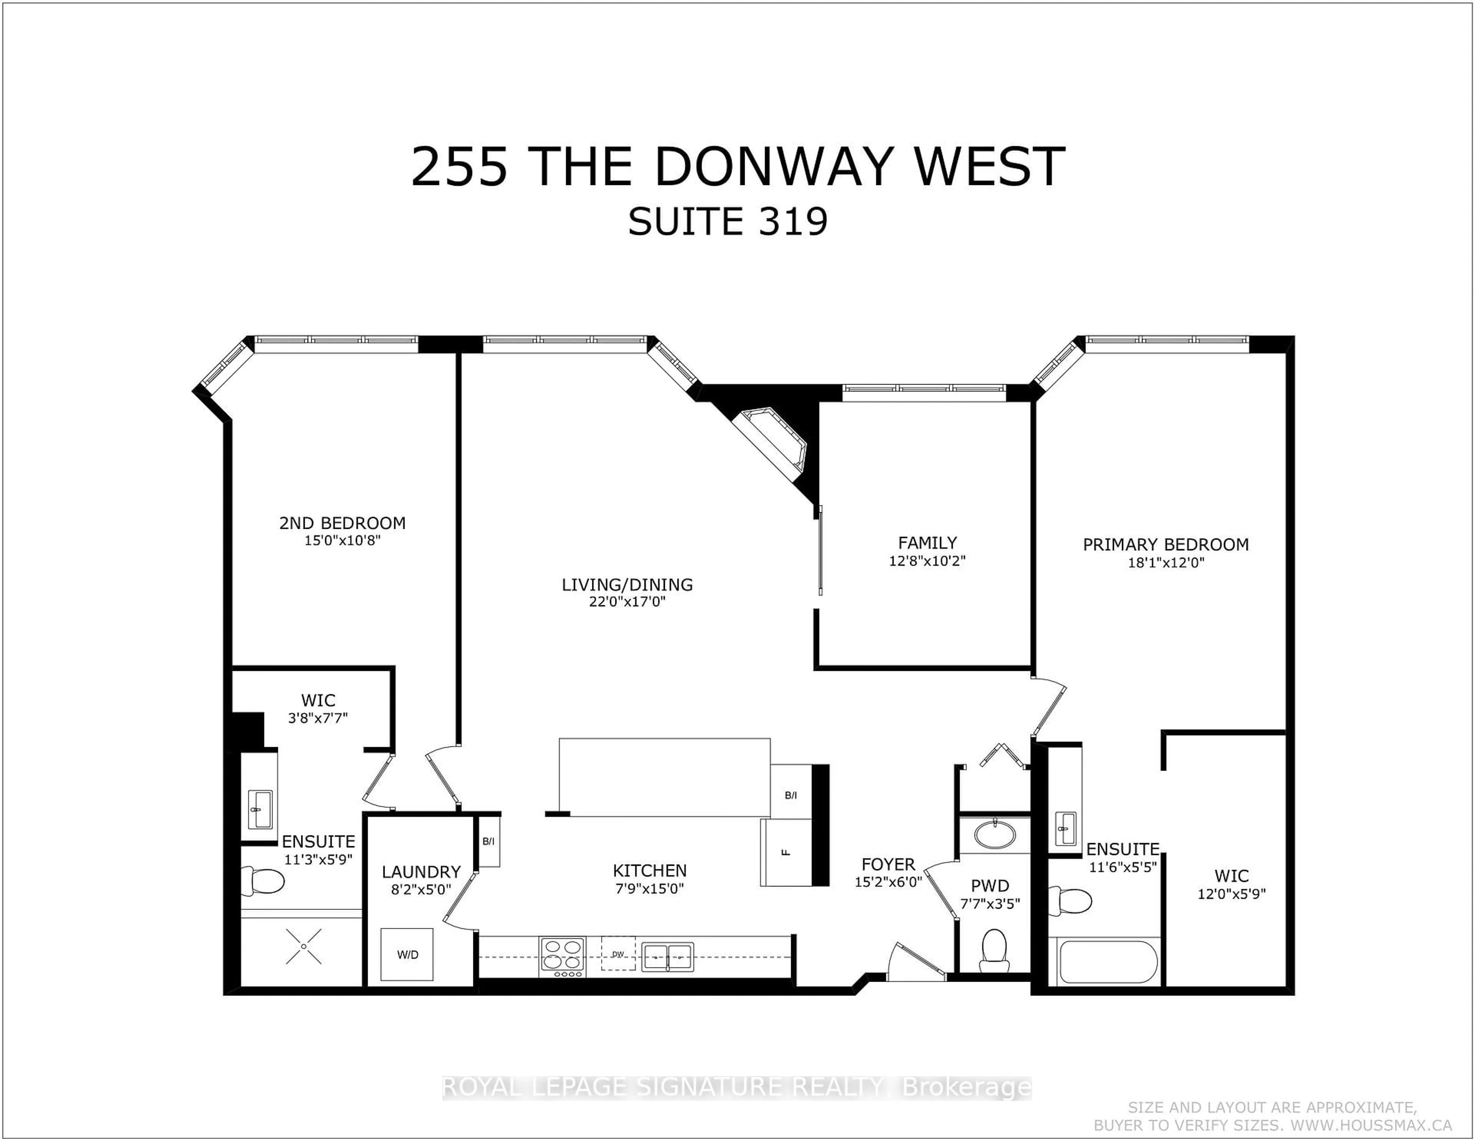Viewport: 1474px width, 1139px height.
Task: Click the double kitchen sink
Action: tap(667, 956)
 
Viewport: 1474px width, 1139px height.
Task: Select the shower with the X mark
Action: tap(303, 946)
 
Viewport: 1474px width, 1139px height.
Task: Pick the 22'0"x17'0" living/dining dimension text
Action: tap(627, 602)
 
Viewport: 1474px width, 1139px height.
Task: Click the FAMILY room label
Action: tap(927, 543)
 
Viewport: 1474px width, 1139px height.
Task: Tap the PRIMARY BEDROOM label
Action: tap(1165, 545)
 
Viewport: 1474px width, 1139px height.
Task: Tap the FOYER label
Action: tap(887, 864)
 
